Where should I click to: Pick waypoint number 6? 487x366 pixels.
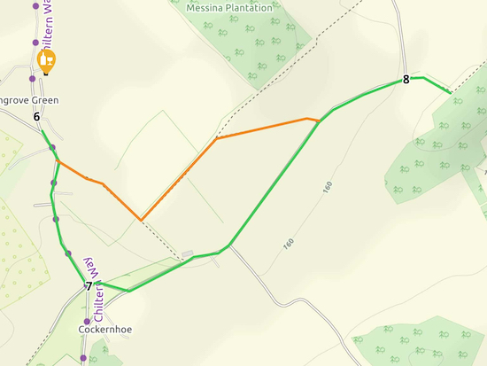[x=36, y=117]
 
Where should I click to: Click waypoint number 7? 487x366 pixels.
[x=89, y=286]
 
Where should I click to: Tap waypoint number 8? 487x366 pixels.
[x=406, y=79]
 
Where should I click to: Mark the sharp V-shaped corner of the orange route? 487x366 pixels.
[x=140, y=219]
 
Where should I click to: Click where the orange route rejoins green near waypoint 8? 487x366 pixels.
[x=319, y=121]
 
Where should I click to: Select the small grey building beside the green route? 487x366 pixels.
[x=187, y=255]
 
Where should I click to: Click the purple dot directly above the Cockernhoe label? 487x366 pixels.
[x=87, y=321]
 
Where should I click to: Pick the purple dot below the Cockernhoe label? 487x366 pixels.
[x=83, y=358]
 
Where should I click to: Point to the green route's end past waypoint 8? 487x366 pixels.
[x=450, y=92]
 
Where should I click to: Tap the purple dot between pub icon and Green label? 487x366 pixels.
[x=33, y=79]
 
